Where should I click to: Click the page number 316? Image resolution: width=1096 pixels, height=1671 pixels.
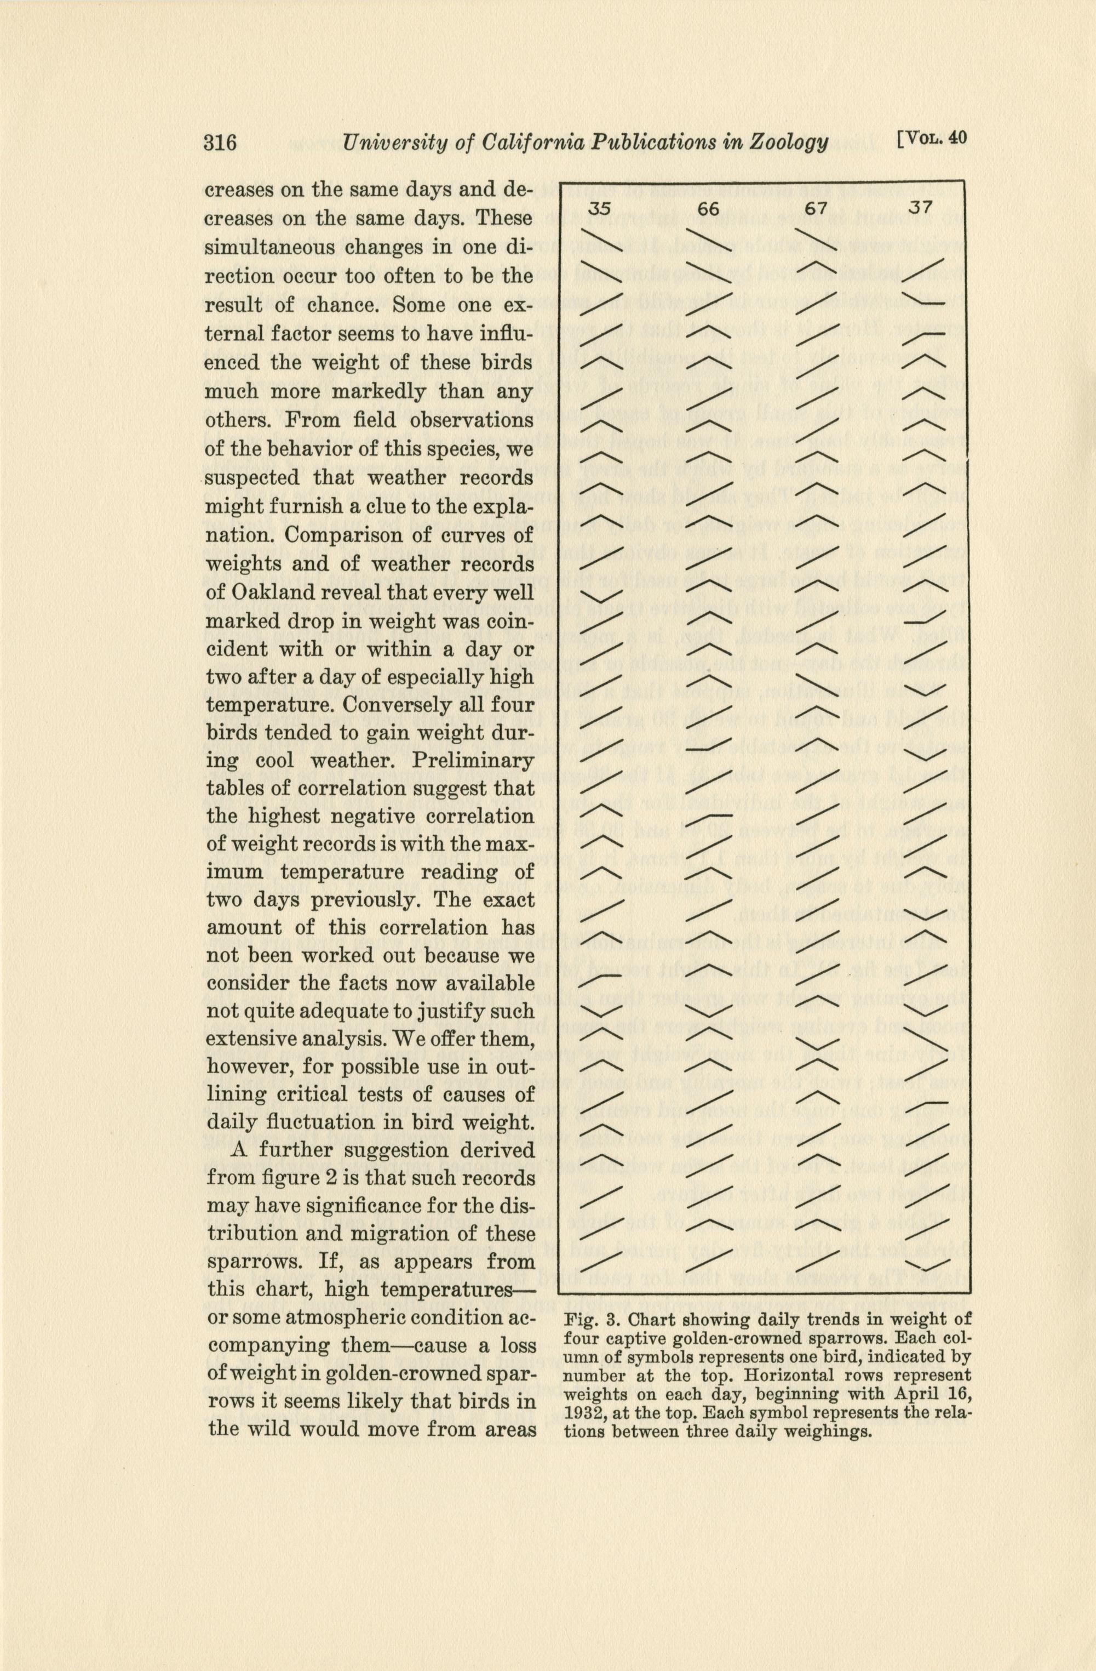coord(220,142)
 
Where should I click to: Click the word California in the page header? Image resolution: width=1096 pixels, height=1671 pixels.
coord(529,142)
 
